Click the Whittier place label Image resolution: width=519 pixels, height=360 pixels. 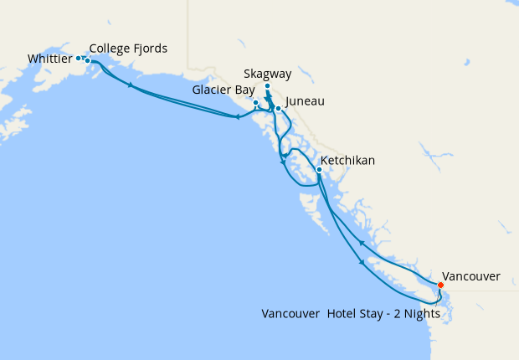[x=49, y=59]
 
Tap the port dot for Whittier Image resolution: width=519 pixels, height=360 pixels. [x=79, y=58]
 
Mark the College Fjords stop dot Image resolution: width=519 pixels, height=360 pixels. [x=87, y=60]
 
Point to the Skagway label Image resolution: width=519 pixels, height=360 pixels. [x=269, y=74]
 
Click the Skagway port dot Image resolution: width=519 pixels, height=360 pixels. [x=267, y=86]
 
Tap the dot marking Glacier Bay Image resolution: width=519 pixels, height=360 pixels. [x=255, y=103]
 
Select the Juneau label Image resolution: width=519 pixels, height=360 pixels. [x=305, y=101]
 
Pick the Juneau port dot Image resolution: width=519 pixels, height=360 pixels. [x=278, y=108]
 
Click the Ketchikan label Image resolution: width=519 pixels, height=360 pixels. [x=347, y=160]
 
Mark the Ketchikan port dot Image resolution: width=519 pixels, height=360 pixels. [x=319, y=169]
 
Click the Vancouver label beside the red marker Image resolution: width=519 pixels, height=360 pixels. [x=470, y=275]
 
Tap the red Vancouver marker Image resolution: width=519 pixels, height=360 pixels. [x=440, y=285]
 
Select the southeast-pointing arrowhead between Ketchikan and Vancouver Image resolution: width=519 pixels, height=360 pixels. [x=362, y=263]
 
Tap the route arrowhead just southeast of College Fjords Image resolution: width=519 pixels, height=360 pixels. [x=130, y=85]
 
